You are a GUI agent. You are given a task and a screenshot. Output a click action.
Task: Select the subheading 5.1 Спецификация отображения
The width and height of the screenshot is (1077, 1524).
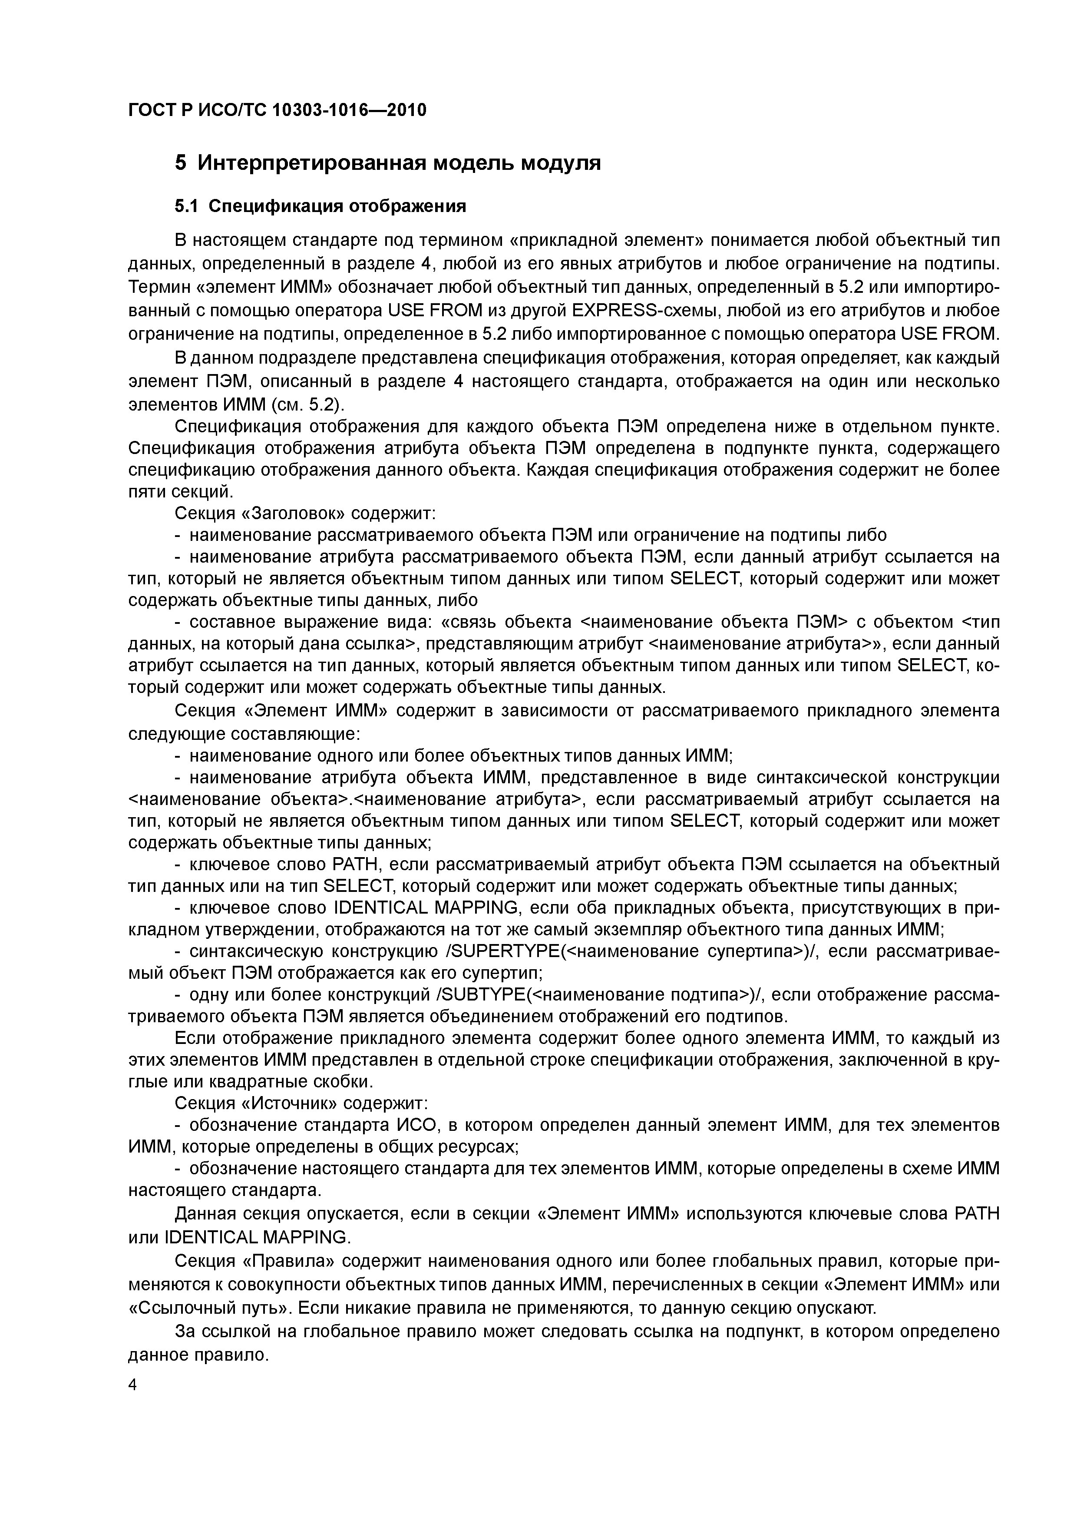pyautogui.click(x=320, y=206)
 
